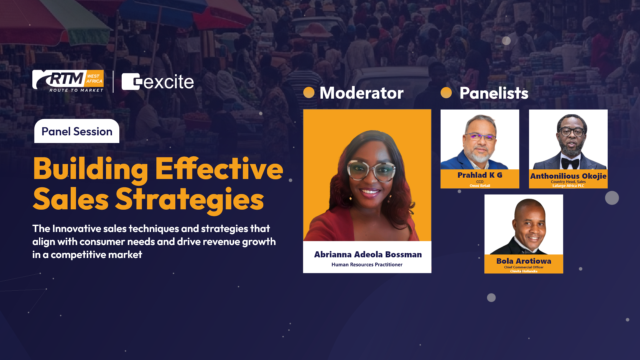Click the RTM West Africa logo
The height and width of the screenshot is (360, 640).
[x=68, y=81]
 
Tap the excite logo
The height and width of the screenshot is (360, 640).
[x=158, y=82]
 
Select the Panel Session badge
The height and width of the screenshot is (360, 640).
[x=77, y=131]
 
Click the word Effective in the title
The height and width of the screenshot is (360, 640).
[x=219, y=169]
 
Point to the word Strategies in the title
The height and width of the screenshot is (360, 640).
[x=190, y=200]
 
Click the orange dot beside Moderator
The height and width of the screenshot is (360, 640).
[x=309, y=92]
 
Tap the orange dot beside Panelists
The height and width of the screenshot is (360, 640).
[x=446, y=93]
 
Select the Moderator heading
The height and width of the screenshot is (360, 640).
[x=362, y=93]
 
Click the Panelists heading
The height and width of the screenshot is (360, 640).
[x=494, y=93]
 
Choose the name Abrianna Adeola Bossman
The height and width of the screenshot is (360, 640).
[x=368, y=254]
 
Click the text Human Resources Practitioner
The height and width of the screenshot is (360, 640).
[x=367, y=265]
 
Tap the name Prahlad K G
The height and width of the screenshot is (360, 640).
[x=480, y=175]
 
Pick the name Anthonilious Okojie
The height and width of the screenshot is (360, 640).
[x=568, y=176]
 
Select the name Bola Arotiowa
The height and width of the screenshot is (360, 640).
[x=524, y=261]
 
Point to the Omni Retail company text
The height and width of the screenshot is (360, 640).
[x=480, y=186]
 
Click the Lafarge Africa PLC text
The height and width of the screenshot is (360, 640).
[x=568, y=186]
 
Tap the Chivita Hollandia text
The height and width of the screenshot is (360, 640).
[x=524, y=271]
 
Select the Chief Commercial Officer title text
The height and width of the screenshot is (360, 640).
[x=524, y=267]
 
